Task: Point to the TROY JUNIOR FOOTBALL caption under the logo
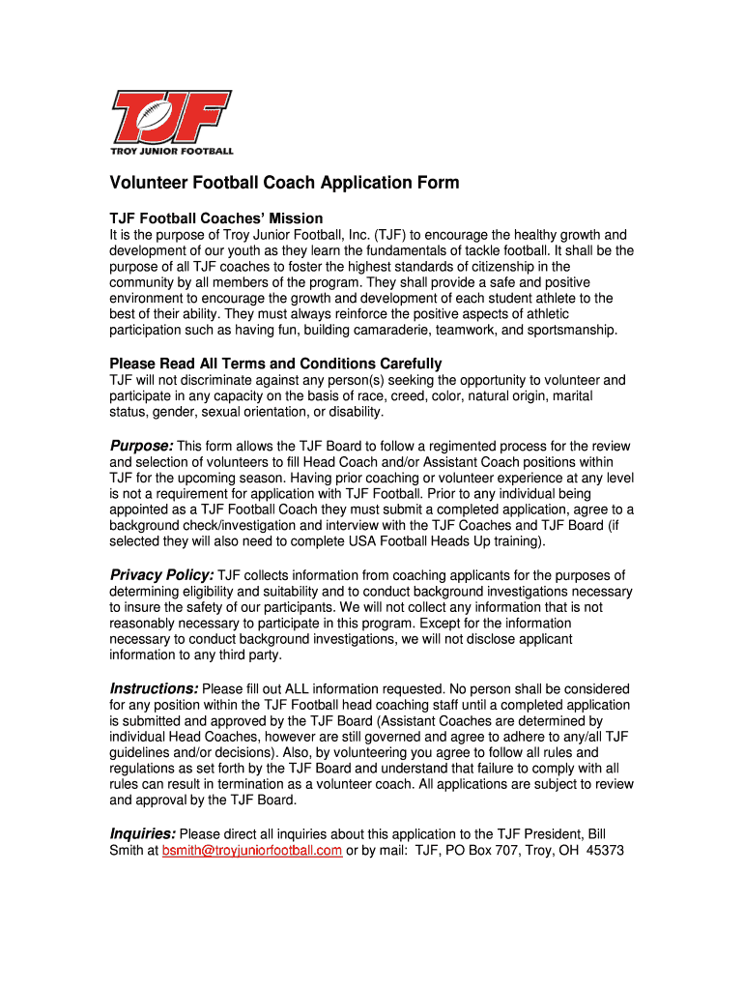171,151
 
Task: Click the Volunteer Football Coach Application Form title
284,183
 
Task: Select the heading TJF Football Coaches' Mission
216,218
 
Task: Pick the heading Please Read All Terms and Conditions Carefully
276,364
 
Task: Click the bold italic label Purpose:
141,446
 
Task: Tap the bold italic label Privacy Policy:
161,575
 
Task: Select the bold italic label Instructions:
155,688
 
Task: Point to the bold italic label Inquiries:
143,833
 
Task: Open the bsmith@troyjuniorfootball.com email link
252,851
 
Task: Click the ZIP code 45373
606,851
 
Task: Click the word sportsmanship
571,331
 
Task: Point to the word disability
355,412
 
